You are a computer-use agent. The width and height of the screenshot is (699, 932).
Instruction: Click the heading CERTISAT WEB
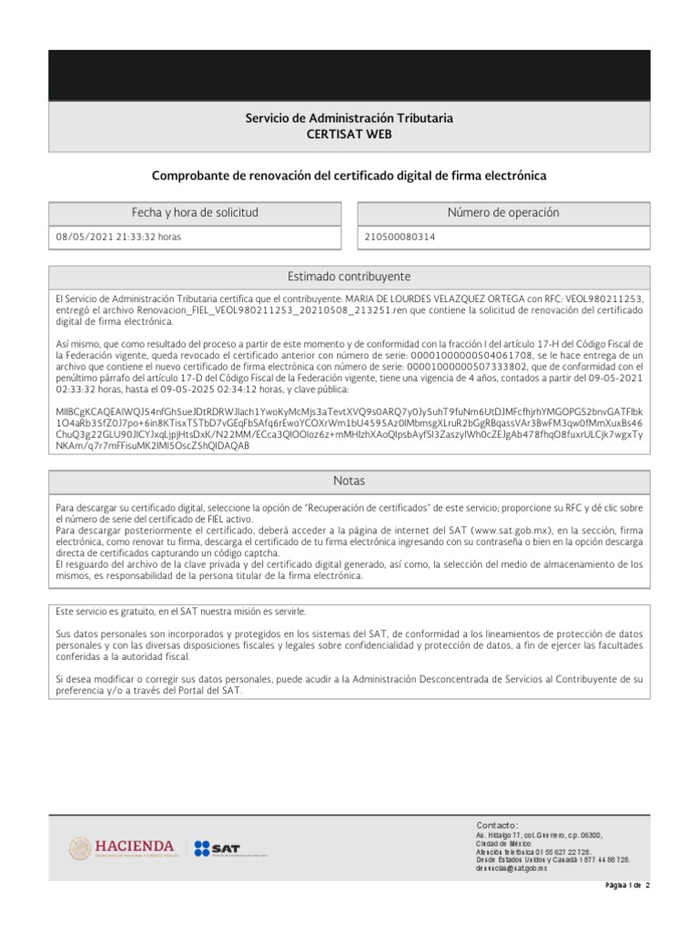tap(349, 135)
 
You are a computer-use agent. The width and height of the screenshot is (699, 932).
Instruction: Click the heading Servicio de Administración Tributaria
tap(349, 118)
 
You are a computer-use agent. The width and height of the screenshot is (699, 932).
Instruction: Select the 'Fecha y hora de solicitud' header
tap(195, 213)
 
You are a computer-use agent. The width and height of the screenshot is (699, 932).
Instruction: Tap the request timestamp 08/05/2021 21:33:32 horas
tap(118, 237)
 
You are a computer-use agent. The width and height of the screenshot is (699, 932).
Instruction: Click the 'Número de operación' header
tap(503, 213)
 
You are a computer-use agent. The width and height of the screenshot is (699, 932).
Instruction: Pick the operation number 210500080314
tap(400, 237)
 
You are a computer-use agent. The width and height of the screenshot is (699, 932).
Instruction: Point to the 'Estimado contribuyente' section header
tap(349, 277)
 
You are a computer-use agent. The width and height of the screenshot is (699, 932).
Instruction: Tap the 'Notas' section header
tap(349, 481)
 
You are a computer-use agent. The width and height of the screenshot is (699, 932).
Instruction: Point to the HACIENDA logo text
tap(134, 846)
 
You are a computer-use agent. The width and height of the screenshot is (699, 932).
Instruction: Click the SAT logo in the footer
tap(216, 848)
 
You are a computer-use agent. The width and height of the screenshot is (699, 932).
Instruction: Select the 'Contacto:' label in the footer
tap(497, 825)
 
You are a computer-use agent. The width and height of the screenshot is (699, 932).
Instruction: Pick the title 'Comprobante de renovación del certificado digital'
tap(349, 175)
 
